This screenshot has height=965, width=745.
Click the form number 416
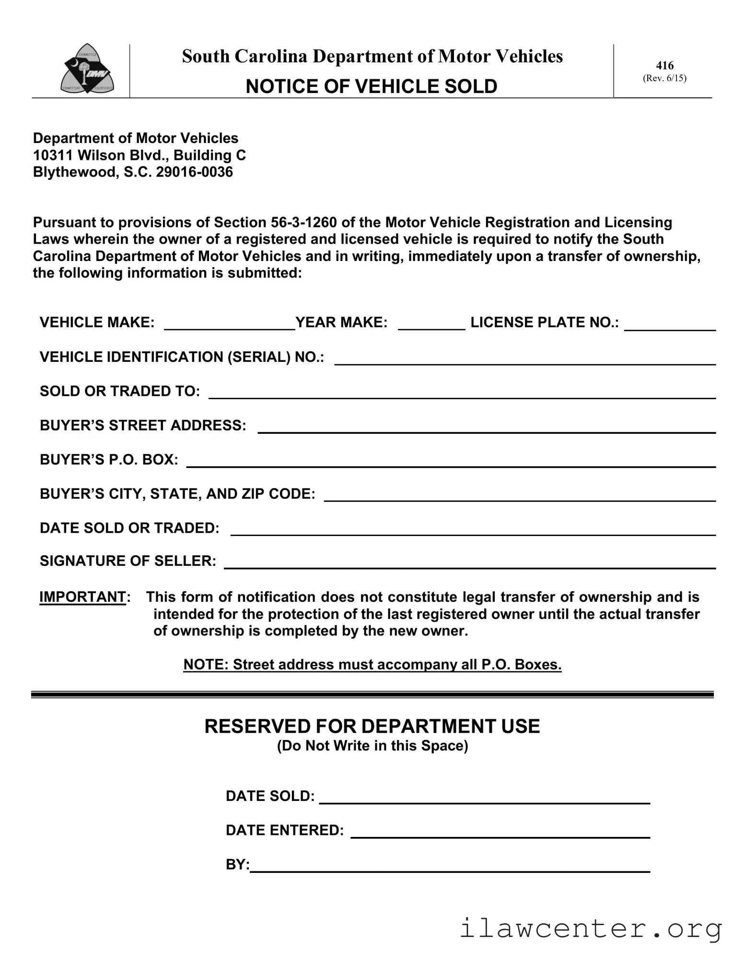click(x=664, y=65)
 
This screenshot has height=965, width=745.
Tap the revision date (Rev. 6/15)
click(x=664, y=78)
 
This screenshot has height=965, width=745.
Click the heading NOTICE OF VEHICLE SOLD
click(x=372, y=86)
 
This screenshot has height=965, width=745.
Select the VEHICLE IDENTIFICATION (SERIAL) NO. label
click(x=182, y=357)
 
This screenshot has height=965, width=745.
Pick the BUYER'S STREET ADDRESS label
click(x=143, y=426)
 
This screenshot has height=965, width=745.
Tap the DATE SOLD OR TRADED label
click(x=129, y=528)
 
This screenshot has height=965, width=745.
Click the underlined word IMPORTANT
click(x=82, y=597)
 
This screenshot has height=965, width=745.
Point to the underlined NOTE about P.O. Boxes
click(x=372, y=665)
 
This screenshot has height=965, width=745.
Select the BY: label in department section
click(x=237, y=865)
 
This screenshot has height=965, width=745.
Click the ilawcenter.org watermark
click(x=591, y=929)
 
